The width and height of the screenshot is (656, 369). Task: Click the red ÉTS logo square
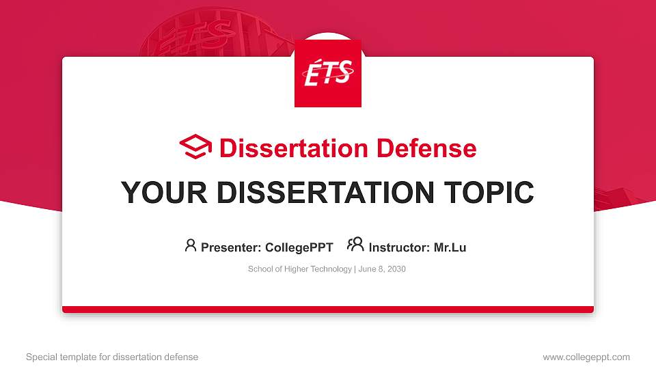click(328, 73)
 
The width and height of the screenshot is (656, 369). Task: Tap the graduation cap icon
click(195, 148)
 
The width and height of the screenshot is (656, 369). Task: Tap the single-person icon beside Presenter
click(191, 246)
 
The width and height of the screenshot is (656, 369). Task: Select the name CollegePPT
click(300, 247)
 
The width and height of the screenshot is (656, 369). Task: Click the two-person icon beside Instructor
click(355, 245)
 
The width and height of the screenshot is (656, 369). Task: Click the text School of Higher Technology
click(299, 269)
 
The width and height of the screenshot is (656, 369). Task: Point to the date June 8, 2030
click(382, 269)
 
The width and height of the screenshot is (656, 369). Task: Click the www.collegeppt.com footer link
click(586, 357)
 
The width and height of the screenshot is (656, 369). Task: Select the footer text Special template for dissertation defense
click(112, 357)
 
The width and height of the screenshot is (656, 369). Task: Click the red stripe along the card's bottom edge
click(328, 310)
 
